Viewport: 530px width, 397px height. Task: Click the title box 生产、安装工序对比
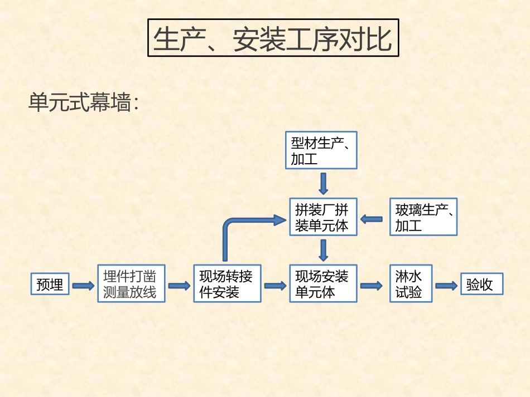pos(273,38)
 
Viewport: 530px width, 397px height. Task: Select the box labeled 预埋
pos(50,285)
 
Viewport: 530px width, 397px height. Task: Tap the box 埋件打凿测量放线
pos(131,283)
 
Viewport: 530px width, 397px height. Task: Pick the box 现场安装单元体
pos(323,283)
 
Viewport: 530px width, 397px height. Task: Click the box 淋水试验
pos(411,283)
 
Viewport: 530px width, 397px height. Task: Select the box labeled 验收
pos(481,284)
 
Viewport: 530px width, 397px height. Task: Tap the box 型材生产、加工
pos(321,150)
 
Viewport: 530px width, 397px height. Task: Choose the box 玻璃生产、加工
pos(423,217)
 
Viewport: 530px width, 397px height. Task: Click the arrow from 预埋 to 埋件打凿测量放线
pos(83,286)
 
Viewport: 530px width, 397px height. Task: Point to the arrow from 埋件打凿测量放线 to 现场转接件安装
pos(179,286)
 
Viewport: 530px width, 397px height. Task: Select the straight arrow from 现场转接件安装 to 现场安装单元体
pos(275,286)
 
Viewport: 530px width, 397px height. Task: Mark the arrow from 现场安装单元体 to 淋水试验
pos(371,286)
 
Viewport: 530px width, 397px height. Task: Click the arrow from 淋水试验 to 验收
pos(446,286)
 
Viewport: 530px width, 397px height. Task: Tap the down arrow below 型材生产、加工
pos(323,183)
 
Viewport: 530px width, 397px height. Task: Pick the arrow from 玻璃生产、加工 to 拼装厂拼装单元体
pos(372,219)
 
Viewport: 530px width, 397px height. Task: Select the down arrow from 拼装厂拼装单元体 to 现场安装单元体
pos(323,250)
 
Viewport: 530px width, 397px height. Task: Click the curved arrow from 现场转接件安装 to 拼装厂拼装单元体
pos(234,223)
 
